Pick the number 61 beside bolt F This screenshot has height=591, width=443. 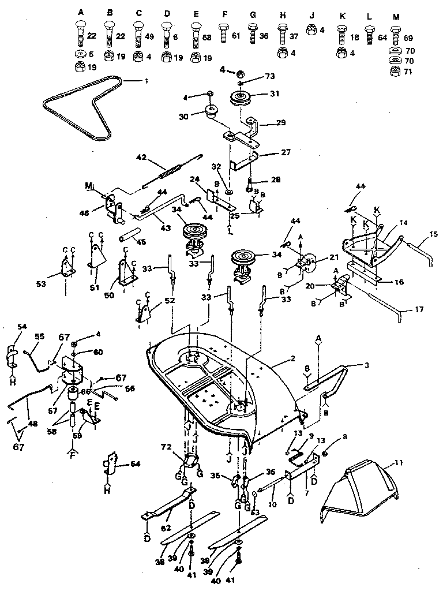(x=235, y=36)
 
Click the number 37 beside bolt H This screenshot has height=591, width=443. (x=294, y=37)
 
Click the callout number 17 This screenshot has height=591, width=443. (x=419, y=310)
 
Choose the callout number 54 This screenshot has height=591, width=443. (x=22, y=327)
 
